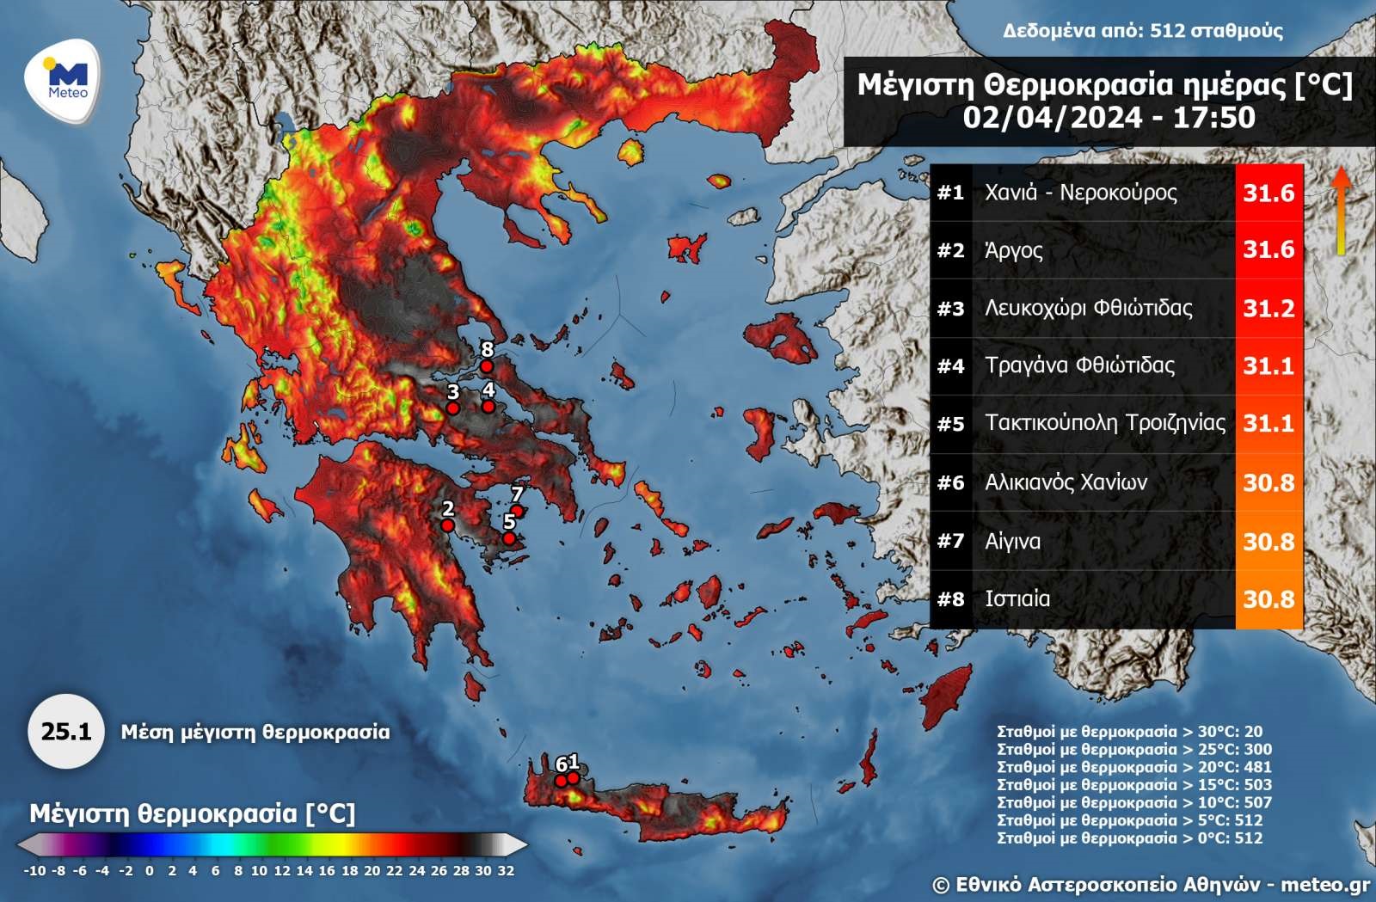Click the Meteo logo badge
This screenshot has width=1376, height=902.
click(x=63, y=83)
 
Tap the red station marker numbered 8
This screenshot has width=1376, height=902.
click(x=486, y=366)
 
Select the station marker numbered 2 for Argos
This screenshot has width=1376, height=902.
click(x=447, y=525)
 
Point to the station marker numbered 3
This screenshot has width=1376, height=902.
click(x=452, y=408)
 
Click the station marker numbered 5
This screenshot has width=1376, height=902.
click(x=509, y=538)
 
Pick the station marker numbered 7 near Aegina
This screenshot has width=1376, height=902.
click(x=518, y=511)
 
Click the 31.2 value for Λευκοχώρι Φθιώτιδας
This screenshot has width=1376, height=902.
click(x=1268, y=308)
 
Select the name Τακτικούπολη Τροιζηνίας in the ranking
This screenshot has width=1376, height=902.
click(x=1105, y=423)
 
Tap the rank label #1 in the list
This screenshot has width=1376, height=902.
click(x=950, y=193)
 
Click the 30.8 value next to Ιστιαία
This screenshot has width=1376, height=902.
click(x=1268, y=598)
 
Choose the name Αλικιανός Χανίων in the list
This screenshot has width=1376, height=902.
click(x=1066, y=482)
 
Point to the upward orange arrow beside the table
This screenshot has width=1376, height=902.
click(x=1340, y=211)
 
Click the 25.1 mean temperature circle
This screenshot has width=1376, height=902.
click(x=66, y=732)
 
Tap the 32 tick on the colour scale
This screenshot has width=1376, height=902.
click(x=506, y=870)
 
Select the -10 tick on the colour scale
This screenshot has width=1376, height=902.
click(x=34, y=870)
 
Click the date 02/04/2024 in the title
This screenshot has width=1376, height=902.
click(x=1053, y=118)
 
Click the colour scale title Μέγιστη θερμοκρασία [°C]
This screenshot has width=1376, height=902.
click(x=192, y=813)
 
